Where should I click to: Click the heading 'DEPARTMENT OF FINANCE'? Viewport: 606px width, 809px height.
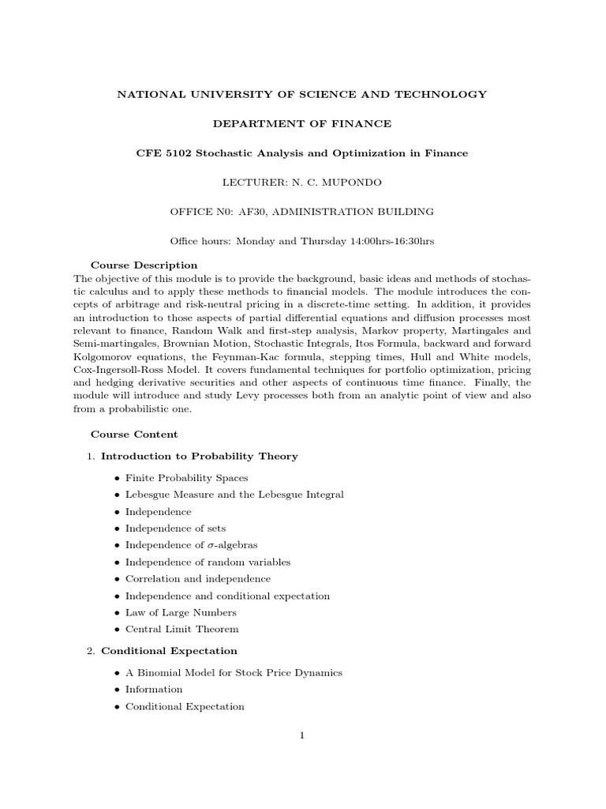[302, 123]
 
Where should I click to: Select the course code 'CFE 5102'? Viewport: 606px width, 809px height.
[163, 152]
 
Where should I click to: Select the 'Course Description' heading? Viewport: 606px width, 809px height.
[144, 265]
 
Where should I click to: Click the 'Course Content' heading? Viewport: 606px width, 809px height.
[134, 434]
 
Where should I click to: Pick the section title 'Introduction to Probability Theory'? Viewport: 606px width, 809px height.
[200, 456]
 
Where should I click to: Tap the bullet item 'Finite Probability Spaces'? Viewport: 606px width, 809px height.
[186, 478]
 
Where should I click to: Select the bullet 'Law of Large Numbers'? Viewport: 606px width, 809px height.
[181, 612]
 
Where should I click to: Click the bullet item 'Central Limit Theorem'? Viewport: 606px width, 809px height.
[181, 629]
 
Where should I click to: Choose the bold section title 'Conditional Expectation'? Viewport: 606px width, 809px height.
[169, 651]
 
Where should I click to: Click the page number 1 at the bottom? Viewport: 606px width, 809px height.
[302, 736]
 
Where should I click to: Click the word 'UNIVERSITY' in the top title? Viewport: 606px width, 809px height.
[223, 94]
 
